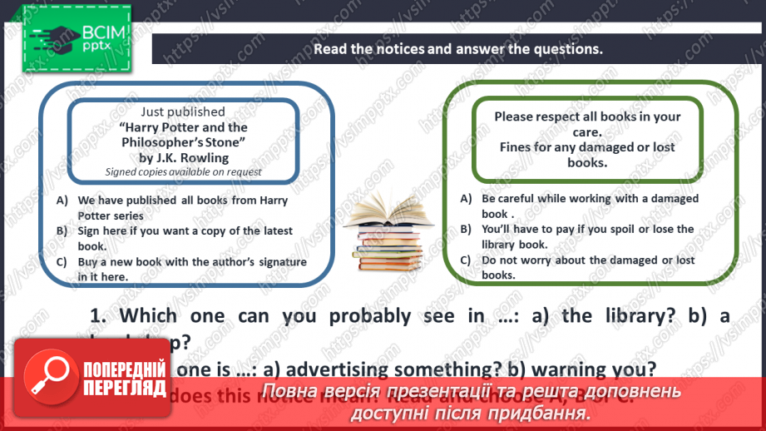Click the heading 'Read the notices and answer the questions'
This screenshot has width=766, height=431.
tap(457, 48)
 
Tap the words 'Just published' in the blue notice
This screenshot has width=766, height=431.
tap(183, 111)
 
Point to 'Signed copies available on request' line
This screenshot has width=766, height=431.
tap(183, 171)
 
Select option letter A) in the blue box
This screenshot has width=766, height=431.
tap(62, 201)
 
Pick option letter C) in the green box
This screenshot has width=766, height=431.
tap(466, 260)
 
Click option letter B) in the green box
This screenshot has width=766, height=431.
tap(466, 229)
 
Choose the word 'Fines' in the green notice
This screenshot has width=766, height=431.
tap(516, 147)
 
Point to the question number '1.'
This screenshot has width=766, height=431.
tap(98, 315)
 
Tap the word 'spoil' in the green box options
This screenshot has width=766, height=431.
tap(613, 229)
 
